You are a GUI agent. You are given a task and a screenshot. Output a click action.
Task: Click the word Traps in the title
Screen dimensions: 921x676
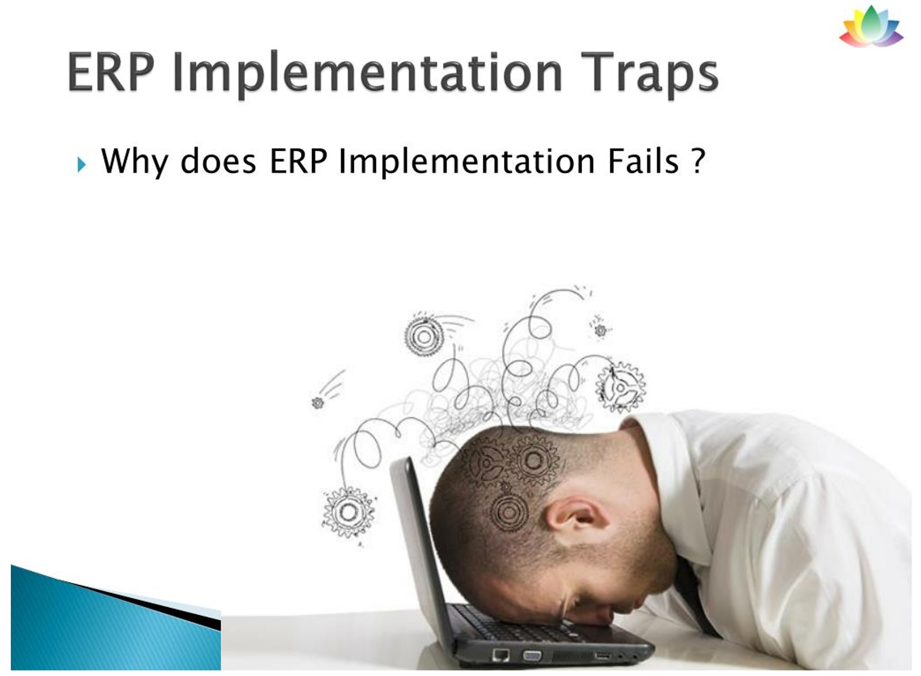(649, 74)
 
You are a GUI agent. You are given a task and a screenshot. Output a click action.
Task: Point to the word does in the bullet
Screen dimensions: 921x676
(218, 160)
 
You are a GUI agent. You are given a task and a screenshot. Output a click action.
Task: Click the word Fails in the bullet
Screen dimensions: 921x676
(643, 160)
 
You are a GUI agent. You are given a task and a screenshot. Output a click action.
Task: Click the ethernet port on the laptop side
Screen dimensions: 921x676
(501, 654)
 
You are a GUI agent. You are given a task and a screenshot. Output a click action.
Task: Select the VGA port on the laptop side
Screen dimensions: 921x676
(532, 656)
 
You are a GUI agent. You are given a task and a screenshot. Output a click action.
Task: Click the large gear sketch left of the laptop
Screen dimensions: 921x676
(349, 512)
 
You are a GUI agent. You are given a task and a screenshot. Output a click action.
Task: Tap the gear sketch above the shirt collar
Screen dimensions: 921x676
(621, 387)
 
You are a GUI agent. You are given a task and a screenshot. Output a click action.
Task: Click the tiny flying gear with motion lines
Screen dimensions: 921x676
(318, 403)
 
